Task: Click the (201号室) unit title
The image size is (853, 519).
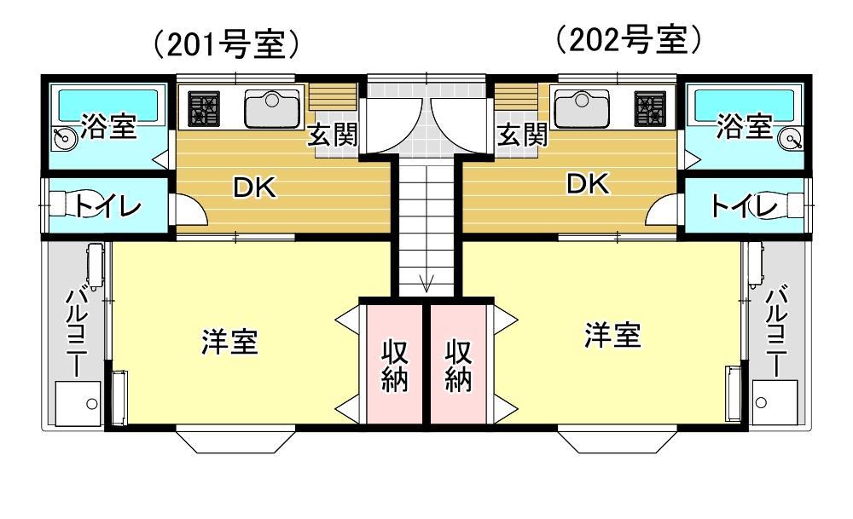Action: click(x=226, y=44)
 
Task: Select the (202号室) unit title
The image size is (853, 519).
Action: click(x=628, y=39)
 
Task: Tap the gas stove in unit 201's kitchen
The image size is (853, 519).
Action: click(x=204, y=109)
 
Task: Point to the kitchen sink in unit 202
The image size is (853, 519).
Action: click(x=581, y=108)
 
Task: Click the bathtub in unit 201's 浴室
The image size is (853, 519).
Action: click(x=107, y=103)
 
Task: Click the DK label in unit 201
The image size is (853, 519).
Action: click(x=256, y=188)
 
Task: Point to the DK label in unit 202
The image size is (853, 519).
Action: click(x=589, y=184)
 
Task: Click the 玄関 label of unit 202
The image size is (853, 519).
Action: click(x=521, y=135)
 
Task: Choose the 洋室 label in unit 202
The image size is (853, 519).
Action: click(x=612, y=335)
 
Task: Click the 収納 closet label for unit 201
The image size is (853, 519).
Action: click(x=394, y=365)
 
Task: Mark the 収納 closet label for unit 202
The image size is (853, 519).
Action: click(x=459, y=365)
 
